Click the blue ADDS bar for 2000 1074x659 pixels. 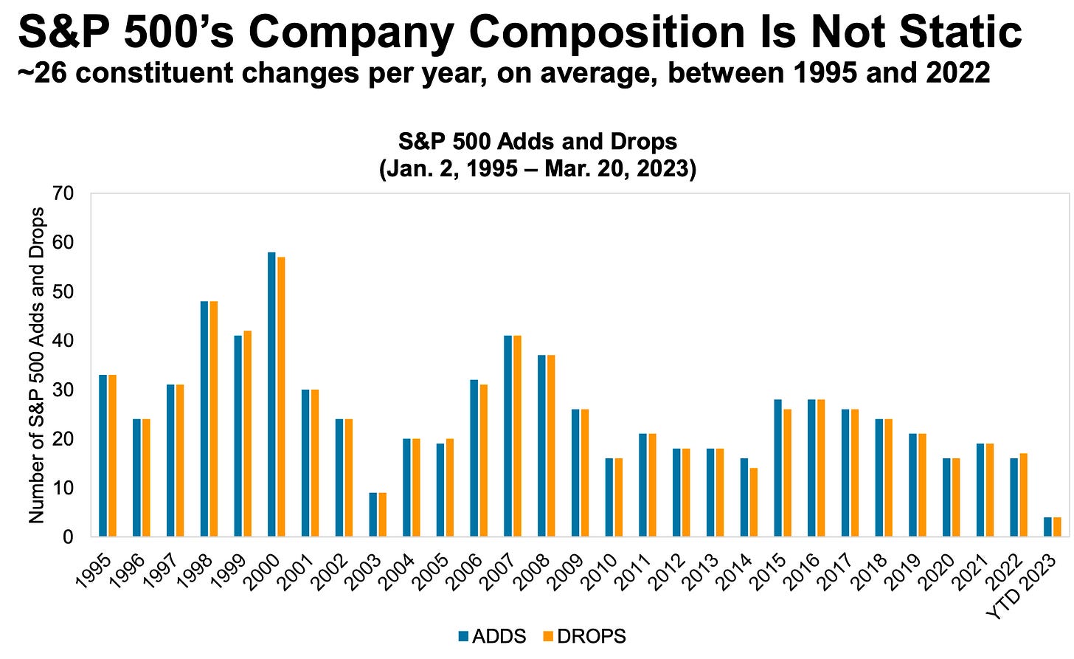tap(271, 395)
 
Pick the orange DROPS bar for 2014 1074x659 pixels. tap(753, 503)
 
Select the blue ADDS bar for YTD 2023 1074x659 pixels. tap(1047, 527)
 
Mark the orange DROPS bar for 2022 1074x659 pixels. tap(1023, 495)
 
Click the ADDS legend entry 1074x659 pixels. tap(492, 636)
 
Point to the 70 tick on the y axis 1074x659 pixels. tap(63, 193)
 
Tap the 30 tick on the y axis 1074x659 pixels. tap(63, 390)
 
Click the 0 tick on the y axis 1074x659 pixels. tap(68, 537)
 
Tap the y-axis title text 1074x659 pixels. tap(37, 365)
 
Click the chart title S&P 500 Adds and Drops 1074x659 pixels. tap(537, 141)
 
